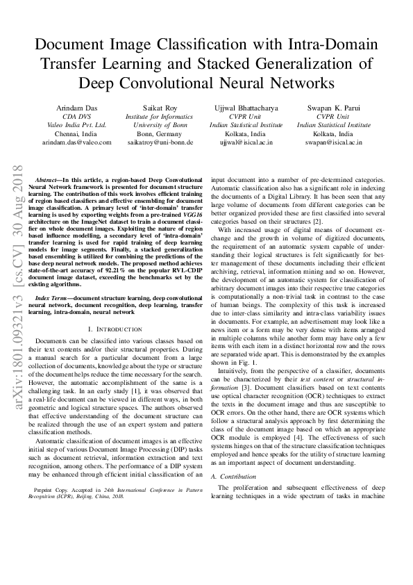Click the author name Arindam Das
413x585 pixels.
click(x=76, y=108)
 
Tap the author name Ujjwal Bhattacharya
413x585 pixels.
click(x=247, y=108)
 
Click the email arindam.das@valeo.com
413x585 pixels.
click(x=76, y=142)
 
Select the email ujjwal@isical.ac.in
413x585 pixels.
click(x=247, y=142)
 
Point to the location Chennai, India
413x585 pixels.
click(x=76, y=133)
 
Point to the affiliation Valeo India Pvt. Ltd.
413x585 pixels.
click(x=76, y=125)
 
